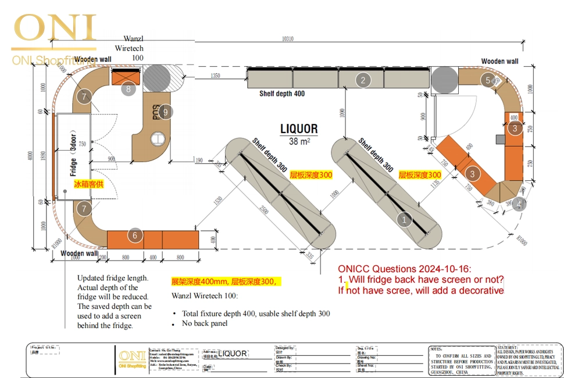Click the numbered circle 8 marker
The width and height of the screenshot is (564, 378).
coord(128,89)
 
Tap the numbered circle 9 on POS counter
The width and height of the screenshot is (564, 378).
coord(166,111)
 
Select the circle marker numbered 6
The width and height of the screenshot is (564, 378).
coord(135,235)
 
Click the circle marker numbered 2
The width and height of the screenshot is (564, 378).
coord(363,80)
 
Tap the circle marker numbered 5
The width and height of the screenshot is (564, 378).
coord(488,80)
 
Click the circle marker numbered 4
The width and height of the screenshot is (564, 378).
coord(519,204)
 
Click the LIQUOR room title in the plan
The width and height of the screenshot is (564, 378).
coord(299,129)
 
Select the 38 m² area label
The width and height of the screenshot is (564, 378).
coord(299,141)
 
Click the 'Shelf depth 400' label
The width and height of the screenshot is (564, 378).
coord(282,94)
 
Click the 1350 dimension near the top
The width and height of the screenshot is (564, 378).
coord(215,76)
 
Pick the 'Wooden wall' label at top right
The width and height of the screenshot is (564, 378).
coord(499,61)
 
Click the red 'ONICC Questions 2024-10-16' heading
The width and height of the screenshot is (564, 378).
coord(404,269)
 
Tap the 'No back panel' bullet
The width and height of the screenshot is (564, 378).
coord(204,323)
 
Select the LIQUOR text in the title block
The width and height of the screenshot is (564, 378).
coord(233,354)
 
